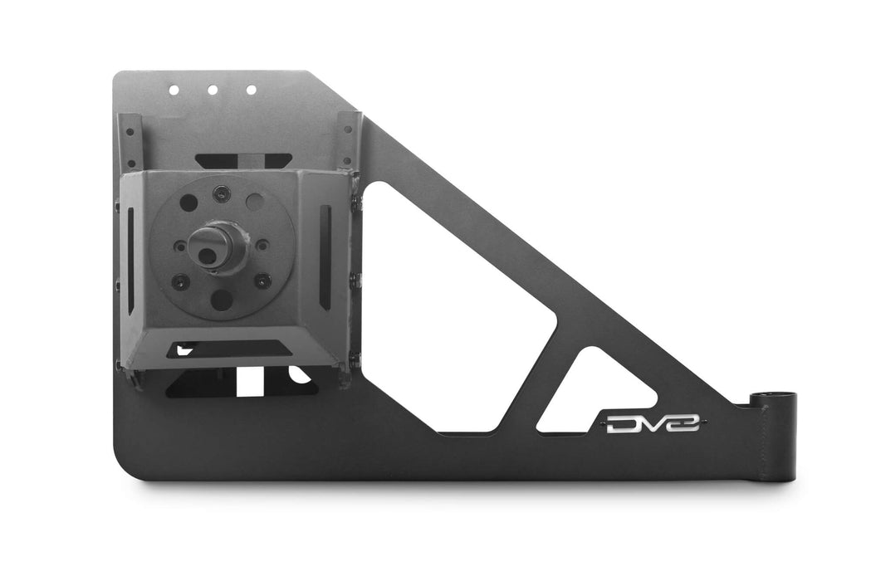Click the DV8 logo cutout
[652, 424]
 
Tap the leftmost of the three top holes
[174, 89]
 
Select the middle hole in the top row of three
[212, 89]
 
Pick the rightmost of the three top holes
[250, 89]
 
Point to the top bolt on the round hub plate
[219, 193]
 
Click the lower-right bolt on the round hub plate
[262, 281]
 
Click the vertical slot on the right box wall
[325, 256]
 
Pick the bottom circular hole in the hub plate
[222, 300]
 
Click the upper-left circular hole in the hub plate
[188, 203]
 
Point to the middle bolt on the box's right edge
[355, 281]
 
